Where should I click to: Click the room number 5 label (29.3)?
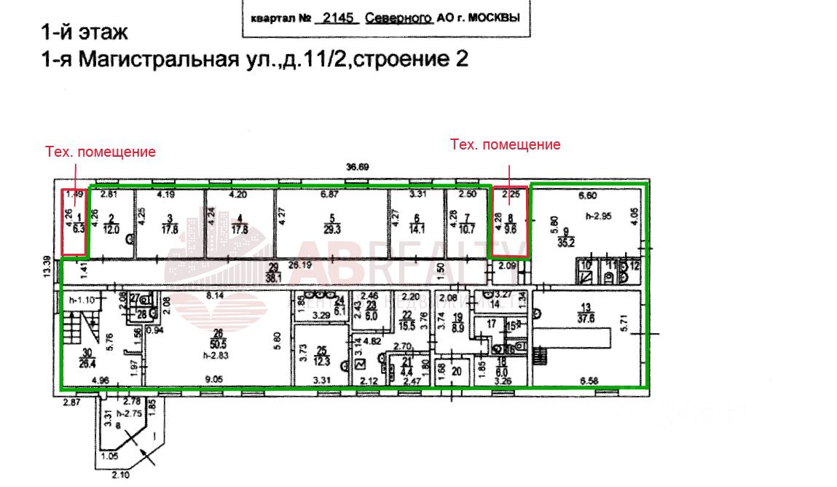coord(331,224)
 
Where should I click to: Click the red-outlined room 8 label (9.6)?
coord(509,222)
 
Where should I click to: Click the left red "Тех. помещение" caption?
coord(101,152)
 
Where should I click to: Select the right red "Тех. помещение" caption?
coord(506,145)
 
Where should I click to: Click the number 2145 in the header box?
coord(336,18)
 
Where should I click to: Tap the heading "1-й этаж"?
coord(85,32)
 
